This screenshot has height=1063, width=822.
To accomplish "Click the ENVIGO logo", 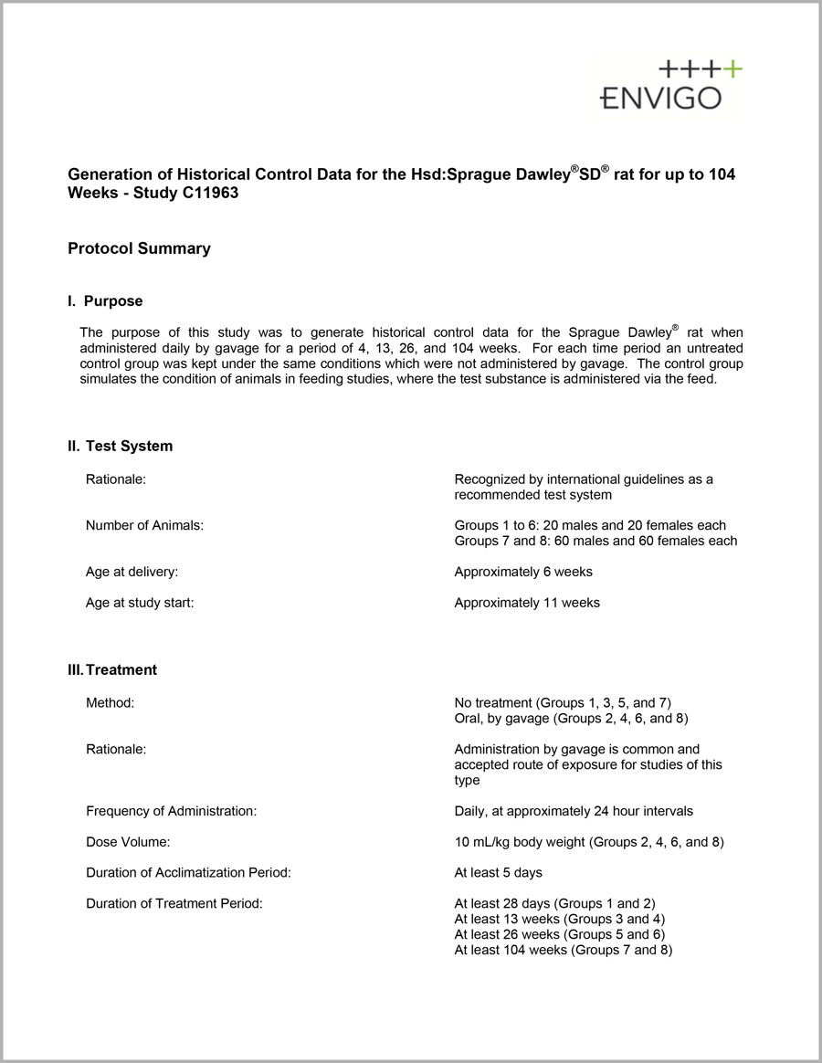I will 670,86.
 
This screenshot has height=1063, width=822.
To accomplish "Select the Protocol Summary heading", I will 139,248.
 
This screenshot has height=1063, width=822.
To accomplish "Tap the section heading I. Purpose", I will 105,301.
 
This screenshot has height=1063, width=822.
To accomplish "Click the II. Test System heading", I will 120,447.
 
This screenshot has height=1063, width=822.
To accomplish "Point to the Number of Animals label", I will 144,525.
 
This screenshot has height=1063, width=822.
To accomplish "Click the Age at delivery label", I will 132,572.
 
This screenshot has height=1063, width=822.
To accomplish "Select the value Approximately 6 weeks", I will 523,572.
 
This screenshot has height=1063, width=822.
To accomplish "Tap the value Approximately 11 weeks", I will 527,603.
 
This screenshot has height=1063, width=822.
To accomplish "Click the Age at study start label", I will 140,603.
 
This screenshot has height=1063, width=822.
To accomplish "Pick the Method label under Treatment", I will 110,703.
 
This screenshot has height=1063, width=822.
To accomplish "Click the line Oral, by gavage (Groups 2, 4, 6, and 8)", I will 571,719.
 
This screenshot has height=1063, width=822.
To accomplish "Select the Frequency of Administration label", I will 171,811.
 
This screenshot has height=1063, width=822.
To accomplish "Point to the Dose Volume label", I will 128,842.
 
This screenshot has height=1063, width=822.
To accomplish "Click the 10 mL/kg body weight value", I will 588,842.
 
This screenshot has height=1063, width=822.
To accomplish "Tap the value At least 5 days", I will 498,873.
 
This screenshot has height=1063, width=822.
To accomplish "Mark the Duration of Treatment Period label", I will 174,904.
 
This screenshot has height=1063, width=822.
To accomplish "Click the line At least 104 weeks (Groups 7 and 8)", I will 563,951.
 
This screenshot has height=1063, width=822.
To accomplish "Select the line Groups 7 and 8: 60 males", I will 595,541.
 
